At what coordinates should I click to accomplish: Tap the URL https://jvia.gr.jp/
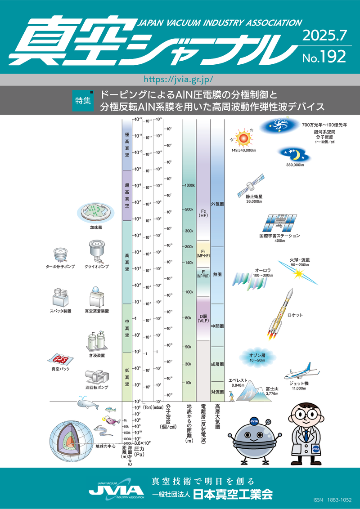click(x=180, y=79)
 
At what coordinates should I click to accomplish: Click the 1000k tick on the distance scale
click(x=189, y=185)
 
